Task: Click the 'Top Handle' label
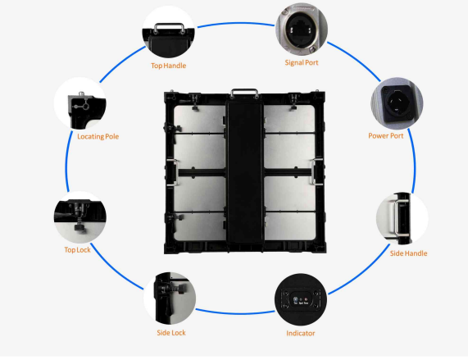(168, 66)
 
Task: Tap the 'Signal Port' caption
(302, 62)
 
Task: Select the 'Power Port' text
(385, 136)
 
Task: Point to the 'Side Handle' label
(408, 253)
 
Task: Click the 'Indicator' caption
(301, 333)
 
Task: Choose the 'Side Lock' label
(171, 333)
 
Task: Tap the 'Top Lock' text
(77, 250)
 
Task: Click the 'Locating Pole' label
(98, 137)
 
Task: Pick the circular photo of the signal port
(302, 29)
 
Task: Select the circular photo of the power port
(397, 103)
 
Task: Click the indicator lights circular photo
(301, 299)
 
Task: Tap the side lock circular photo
(170, 298)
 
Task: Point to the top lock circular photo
(80, 217)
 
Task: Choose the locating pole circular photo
(80, 103)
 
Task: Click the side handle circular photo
(402, 218)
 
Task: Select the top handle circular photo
(168, 32)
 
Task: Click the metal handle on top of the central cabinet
(244, 89)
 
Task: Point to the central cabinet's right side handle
(313, 172)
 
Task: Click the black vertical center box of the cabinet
(245, 172)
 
